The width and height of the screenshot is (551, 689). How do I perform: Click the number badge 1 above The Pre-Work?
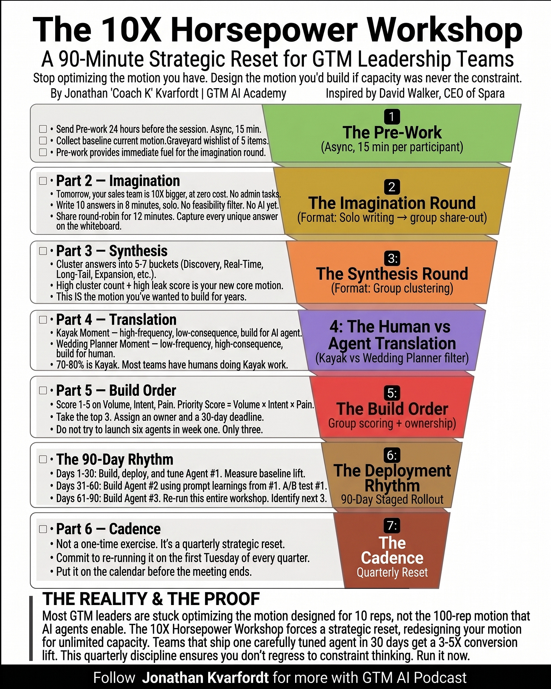(x=392, y=117)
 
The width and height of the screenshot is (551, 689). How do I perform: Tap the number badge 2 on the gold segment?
(x=392, y=187)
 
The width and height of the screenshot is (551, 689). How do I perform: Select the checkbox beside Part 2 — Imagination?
(x=43, y=181)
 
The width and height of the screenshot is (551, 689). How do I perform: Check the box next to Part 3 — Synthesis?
(x=43, y=251)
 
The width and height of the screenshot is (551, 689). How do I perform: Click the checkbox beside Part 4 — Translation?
(x=43, y=320)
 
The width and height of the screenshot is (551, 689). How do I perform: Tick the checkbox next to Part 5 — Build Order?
(x=43, y=390)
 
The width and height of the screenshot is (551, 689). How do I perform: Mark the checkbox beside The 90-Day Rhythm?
(x=43, y=459)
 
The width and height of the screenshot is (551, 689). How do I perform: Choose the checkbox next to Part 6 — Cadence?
(x=43, y=529)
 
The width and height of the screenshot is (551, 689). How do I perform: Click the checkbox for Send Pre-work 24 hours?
(x=43, y=129)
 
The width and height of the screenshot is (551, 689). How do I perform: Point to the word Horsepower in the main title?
(x=264, y=30)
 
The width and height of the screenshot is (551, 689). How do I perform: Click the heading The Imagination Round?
(x=392, y=203)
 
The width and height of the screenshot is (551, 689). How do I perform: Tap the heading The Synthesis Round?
(x=392, y=274)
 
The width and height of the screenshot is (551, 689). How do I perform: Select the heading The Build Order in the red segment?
(x=392, y=409)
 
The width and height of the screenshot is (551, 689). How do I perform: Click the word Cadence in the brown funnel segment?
(x=392, y=558)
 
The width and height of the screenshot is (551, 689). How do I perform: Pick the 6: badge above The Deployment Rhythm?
(x=392, y=455)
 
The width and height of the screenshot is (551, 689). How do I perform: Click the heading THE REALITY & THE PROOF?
(x=151, y=599)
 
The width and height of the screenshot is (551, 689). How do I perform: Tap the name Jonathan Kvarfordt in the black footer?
(x=205, y=678)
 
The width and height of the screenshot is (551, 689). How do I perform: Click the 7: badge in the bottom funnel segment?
(x=392, y=525)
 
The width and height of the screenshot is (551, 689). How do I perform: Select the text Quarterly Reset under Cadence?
(x=392, y=572)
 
